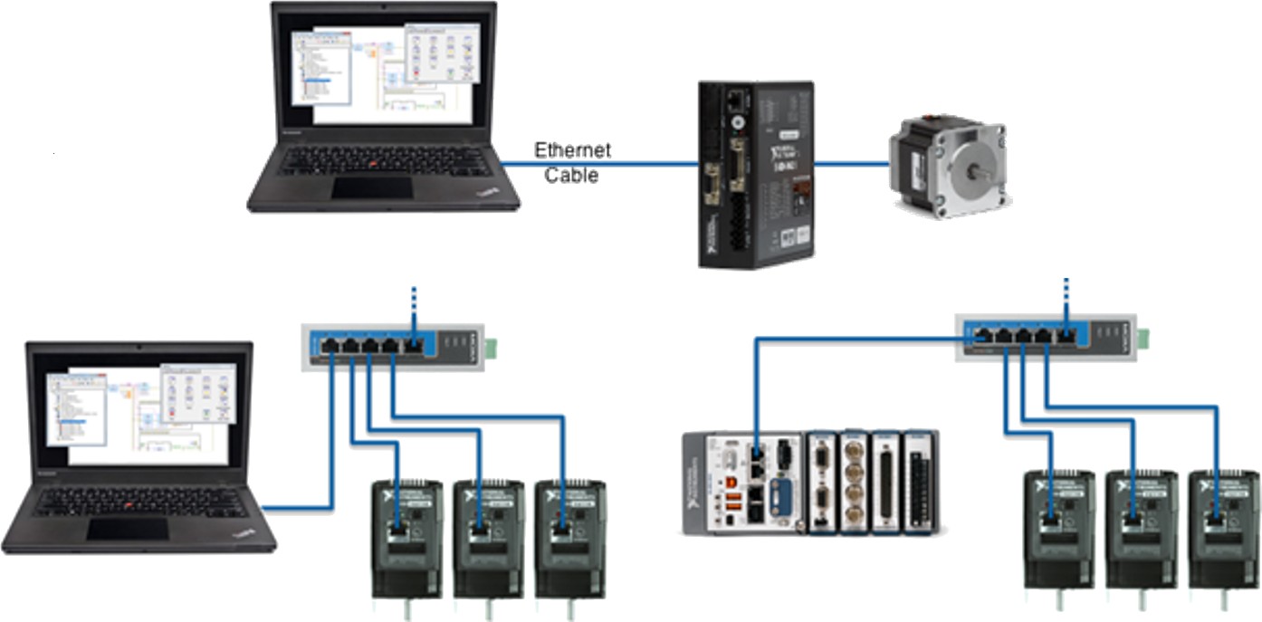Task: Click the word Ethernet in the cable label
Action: pos(572,150)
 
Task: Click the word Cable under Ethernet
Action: pos(571,176)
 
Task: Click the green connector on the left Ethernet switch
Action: pos(492,345)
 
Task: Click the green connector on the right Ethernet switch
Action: pos(1144,336)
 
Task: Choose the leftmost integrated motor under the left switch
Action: pos(406,538)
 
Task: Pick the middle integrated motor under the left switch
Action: pos(489,538)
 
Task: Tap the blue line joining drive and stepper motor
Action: pos(851,164)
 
